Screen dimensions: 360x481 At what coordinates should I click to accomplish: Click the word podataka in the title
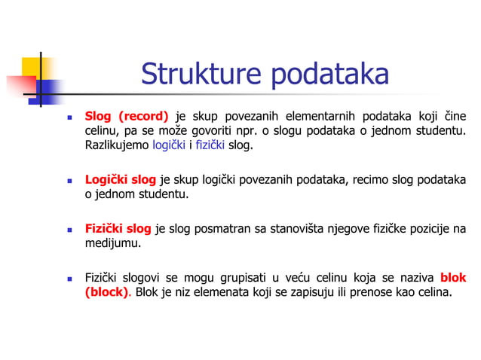(329, 75)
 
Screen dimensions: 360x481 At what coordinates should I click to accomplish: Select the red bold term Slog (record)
(126, 116)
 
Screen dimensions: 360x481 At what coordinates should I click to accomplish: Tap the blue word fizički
(210, 145)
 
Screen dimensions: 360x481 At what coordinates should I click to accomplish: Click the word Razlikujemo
(116, 145)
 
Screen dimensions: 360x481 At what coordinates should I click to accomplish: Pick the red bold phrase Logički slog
(120, 180)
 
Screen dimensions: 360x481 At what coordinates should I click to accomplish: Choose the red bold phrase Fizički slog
(118, 229)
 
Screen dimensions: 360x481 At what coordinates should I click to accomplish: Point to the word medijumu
(112, 243)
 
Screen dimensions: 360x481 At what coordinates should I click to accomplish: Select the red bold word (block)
(106, 292)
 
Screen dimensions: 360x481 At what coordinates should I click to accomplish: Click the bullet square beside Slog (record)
(69, 117)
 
